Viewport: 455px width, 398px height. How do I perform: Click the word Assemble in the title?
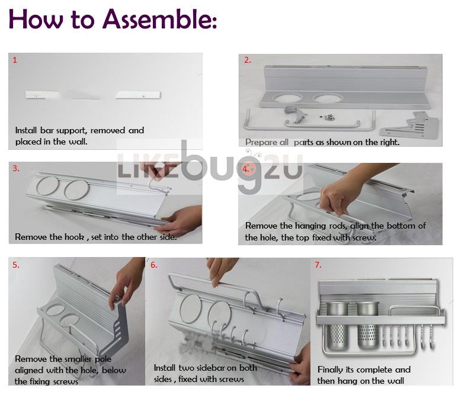click(159, 19)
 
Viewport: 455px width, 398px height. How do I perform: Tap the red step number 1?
click(15, 60)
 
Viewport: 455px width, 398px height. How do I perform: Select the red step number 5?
click(15, 265)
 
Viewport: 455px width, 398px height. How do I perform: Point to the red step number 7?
click(318, 265)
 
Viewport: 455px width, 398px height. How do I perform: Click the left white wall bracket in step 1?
click(42, 95)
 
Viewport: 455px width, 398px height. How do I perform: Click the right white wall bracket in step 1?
click(138, 95)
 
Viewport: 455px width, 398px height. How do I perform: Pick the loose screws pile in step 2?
click(328, 117)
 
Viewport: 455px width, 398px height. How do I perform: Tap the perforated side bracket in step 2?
click(409, 126)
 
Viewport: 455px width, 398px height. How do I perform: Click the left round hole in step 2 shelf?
click(287, 98)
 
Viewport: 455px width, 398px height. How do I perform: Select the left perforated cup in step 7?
click(338, 325)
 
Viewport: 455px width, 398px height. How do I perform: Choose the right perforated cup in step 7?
click(368, 325)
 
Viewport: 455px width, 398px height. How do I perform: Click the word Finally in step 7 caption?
click(330, 370)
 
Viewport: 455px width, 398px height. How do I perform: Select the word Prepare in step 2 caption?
click(261, 142)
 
